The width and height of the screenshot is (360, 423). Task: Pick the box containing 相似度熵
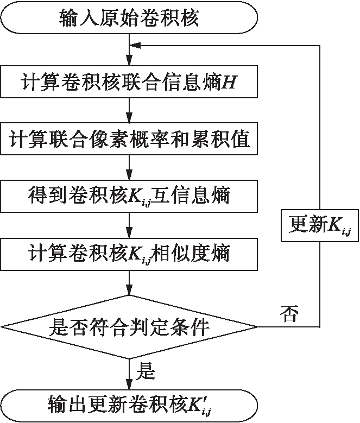(129, 252)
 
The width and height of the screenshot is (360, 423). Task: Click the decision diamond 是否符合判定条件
(129, 327)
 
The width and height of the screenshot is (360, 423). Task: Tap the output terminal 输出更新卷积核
(129, 404)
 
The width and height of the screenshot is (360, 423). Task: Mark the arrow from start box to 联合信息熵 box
(129, 52)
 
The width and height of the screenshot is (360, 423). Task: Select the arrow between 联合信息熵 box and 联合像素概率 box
(129, 111)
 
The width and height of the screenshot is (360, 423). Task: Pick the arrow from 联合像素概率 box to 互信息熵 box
(129, 167)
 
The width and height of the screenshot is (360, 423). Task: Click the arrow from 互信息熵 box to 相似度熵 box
(129, 224)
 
